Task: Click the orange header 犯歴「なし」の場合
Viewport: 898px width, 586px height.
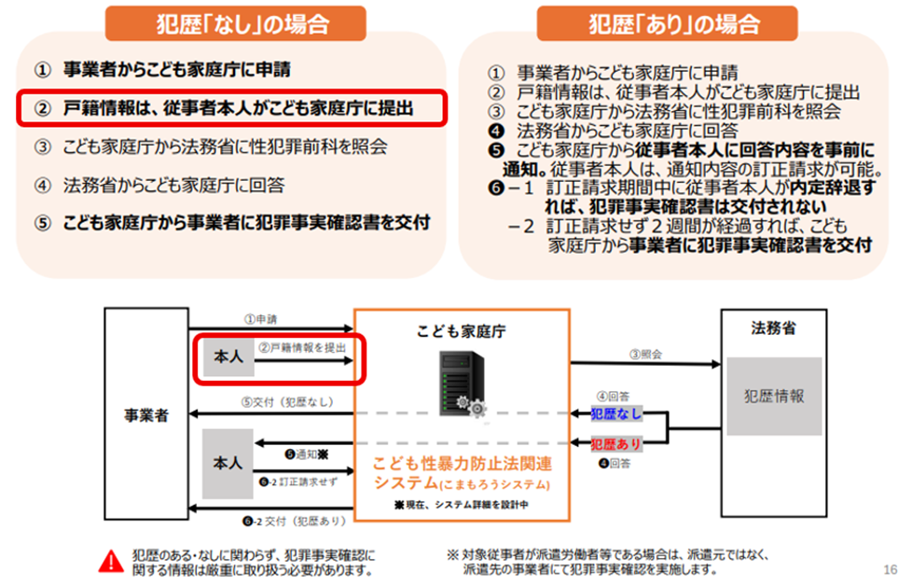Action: point(235,23)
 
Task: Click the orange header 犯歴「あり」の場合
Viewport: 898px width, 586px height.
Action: point(667,23)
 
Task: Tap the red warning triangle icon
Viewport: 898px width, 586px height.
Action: point(111,562)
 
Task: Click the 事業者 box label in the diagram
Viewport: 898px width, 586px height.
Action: point(146,415)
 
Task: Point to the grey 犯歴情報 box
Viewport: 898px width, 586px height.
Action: point(774,396)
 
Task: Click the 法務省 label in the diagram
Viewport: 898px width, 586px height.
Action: point(774,328)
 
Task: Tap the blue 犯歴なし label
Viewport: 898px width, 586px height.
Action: point(616,413)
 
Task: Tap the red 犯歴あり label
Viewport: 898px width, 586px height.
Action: point(616,444)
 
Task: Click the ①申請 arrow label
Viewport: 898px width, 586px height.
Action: point(260,319)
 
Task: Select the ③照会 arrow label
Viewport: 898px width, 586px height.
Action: point(645,354)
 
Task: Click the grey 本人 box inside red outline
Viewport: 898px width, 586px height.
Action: point(228,356)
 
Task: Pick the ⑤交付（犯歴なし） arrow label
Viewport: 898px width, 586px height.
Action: point(287,402)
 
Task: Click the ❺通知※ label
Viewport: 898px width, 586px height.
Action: point(307,454)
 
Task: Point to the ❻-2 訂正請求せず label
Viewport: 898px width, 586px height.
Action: point(298,481)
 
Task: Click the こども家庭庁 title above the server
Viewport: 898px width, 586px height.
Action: point(461,331)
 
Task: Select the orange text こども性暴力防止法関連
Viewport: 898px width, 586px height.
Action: point(463,463)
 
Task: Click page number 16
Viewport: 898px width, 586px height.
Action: point(890,569)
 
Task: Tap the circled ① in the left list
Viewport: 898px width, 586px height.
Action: point(42,70)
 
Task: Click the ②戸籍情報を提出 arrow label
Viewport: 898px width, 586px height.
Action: point(302,348)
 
